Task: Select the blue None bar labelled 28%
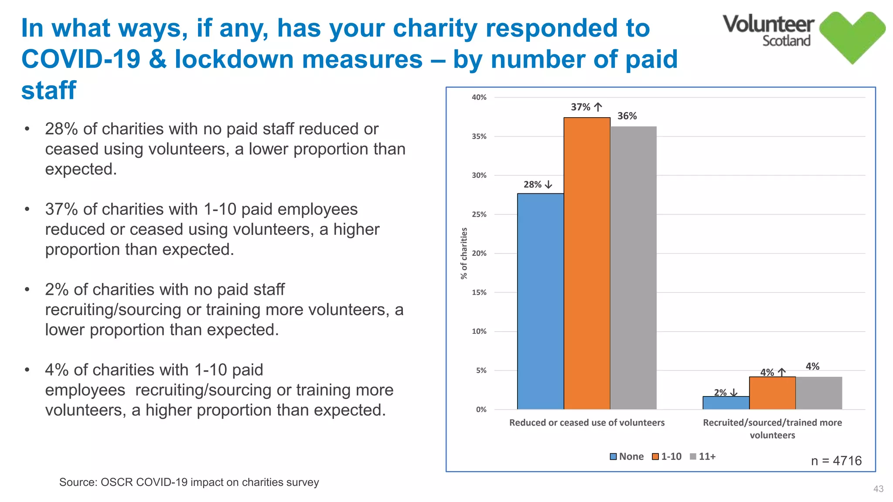[540, 301]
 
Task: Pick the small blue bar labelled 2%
[726, 403]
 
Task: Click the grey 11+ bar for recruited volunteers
[818, 393]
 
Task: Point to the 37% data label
[580, 107]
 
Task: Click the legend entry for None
[627, 456]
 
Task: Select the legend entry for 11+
[702, 456]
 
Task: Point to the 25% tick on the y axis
[479, 214]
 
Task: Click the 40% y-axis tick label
[479, 98]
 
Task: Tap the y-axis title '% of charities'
[464, 253]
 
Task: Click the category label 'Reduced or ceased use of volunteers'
[586, 422]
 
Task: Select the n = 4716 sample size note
[836, 461]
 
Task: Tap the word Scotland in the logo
[786, 41]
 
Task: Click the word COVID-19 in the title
[81, 59]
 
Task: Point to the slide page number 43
[878, 489]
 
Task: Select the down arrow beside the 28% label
[549, 185]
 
